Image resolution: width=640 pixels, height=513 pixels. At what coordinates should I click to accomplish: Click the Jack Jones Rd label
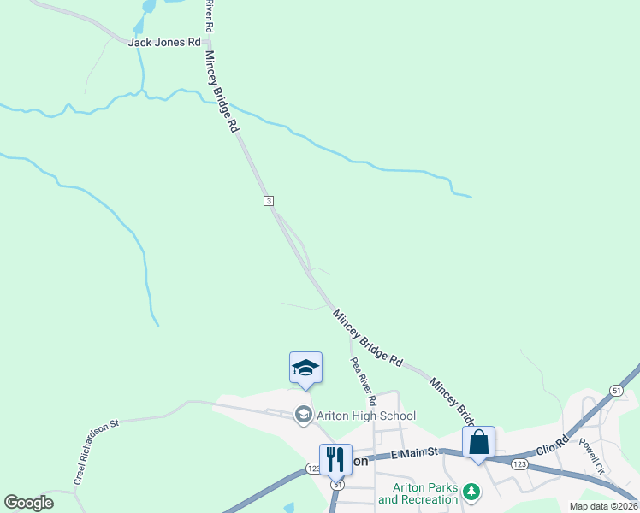pyautogui.click(x=164, y=42)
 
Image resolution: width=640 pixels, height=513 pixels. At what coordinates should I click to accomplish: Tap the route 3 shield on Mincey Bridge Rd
pyautogui.click(x=268, y=200)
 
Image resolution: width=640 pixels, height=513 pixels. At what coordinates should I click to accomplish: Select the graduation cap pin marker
pyautogui.click(x=305, y=369)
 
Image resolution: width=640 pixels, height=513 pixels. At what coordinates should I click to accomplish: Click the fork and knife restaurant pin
pyautogui.click(x=335, y=459)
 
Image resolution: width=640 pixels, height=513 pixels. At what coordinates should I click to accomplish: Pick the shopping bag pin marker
pyautogui.click(x=479, y=442)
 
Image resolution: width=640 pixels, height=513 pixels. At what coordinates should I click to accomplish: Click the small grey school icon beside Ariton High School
pyautogui.click(x=303, y=416)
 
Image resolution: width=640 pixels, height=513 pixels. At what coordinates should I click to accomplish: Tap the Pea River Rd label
pyautogui.click(x=364, y=381)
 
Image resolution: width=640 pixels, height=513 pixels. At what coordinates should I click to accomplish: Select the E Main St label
pyautogui.click(x=414, y=452)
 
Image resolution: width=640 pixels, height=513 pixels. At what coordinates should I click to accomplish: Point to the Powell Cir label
pyautogui.click(x=591, y=457)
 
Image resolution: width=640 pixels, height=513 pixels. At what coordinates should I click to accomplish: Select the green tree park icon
pyautogui.click(x=471, y=492)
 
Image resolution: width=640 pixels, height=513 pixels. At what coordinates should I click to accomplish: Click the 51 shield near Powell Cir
pyautogui.click(x=616, y=390)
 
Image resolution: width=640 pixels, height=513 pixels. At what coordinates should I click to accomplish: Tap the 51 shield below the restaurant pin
pyautogui.click(x=338, y=484)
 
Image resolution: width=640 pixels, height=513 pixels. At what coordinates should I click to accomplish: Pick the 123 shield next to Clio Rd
pyautogui.click(x=519, y=463)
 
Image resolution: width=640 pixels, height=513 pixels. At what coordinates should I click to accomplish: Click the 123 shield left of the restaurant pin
pyautogui.click(x=313, y=469)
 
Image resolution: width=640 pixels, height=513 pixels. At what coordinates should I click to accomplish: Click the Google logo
pyautogui.click(x=29, y=503)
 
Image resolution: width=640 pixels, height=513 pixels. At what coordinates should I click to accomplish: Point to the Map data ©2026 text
pyautogui.click(x=603, y=506)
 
